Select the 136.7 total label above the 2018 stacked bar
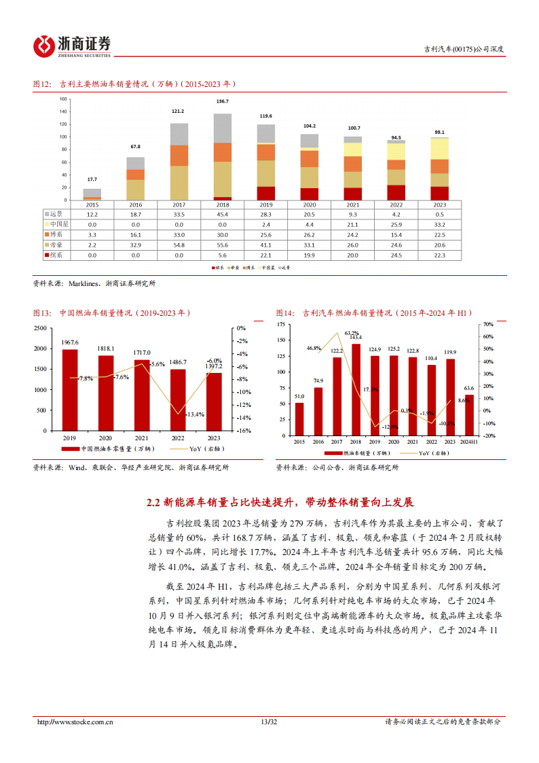pyautogui.click(x=223, y=101)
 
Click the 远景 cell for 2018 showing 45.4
pyautogui.click(x=223, y=214)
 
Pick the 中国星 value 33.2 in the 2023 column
pyautogui.click(x=439, y=224)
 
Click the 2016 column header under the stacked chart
pyautogui.click(x=136, y=205)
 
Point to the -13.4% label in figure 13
pyautogui.click(x=195, y=414)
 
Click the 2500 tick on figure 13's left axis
pyautogui.click(x=41, y=328)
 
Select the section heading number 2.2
pyautogui.click(x=153, y=502)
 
